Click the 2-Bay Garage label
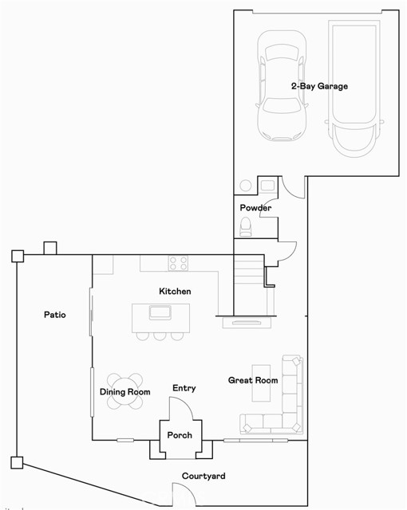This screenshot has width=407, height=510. (x=318, y=86)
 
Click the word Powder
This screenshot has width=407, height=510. (x=255, y=208)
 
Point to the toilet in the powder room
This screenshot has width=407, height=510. (x=247, y=229)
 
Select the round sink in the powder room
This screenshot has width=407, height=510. (x=246, y=186)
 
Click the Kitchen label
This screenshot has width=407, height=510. (x=175, y=292)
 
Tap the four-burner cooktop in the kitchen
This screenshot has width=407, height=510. (x=178, y=262)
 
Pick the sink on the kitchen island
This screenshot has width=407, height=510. (x=160, y=312)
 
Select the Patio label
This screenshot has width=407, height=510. (x=54, y=315)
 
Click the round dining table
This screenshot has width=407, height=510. (x=125, y=390)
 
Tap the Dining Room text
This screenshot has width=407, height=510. (x=125, y=392)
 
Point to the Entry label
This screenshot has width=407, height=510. (x=184, y=388)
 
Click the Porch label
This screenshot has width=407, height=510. (x=180, y=436)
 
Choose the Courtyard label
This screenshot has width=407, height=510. (x=203, y=477)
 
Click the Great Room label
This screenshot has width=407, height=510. (x=253, y=380)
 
